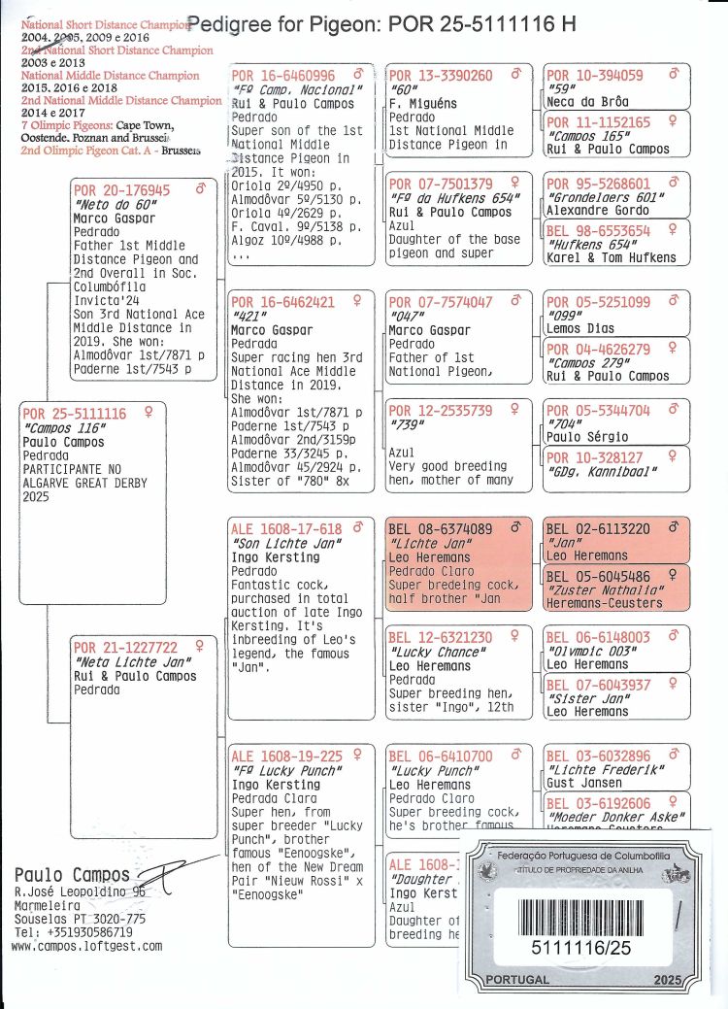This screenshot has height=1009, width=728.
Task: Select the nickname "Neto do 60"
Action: [x=108, y=205]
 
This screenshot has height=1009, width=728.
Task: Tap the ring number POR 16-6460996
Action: [x=283, y=76]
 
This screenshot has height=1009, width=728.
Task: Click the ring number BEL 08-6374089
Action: [x=440, y=529]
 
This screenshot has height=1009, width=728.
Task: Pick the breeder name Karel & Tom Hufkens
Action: [x=611, y=257]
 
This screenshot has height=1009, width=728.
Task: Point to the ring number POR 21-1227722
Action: [x=126, y=648]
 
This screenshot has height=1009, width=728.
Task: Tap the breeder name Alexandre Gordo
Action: [x=593, y=209]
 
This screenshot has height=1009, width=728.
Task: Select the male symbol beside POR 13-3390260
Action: [x=515, y=74]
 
